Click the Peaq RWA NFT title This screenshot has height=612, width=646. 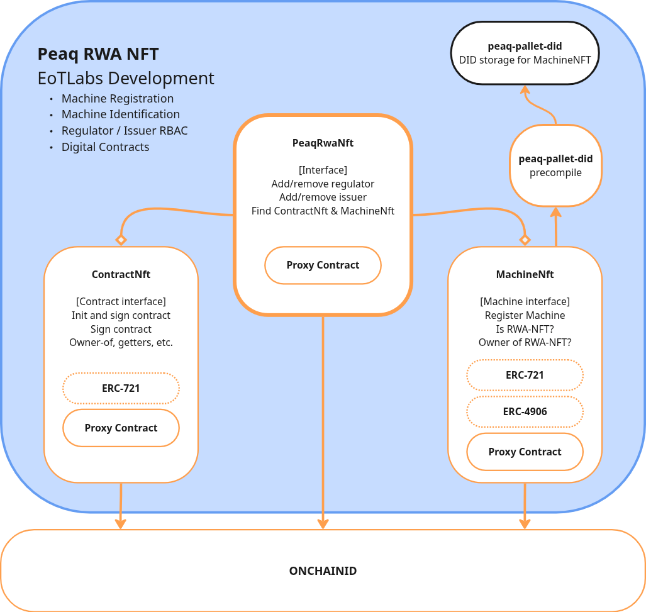[98, 54]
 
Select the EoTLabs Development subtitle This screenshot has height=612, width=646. [126, 79]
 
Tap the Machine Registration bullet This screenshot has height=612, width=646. [117, 99]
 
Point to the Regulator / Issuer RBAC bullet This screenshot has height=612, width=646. [124, 131]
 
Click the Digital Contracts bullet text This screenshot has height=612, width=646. [105, 147]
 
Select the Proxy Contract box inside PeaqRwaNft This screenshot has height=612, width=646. [323, 265]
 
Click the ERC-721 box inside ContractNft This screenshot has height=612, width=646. [121, 388]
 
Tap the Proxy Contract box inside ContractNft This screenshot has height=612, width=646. [121, 428]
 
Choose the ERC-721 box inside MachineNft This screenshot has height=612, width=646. [525, 375]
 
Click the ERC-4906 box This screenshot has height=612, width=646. [525, 412]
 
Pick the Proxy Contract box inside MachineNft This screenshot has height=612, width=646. [525, 452]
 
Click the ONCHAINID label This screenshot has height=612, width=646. [323, 571]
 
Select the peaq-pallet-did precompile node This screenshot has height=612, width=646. [555, 165]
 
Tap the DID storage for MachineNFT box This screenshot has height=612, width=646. [525, 53]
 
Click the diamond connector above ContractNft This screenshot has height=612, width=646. [121, 240]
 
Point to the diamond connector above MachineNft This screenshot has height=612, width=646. [525, 240]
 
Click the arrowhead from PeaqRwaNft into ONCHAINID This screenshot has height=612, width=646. [323, 523]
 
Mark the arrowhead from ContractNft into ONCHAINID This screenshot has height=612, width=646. [120, 523]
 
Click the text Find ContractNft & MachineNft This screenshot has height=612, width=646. [323, 211]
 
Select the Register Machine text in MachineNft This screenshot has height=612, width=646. [525, 315]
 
